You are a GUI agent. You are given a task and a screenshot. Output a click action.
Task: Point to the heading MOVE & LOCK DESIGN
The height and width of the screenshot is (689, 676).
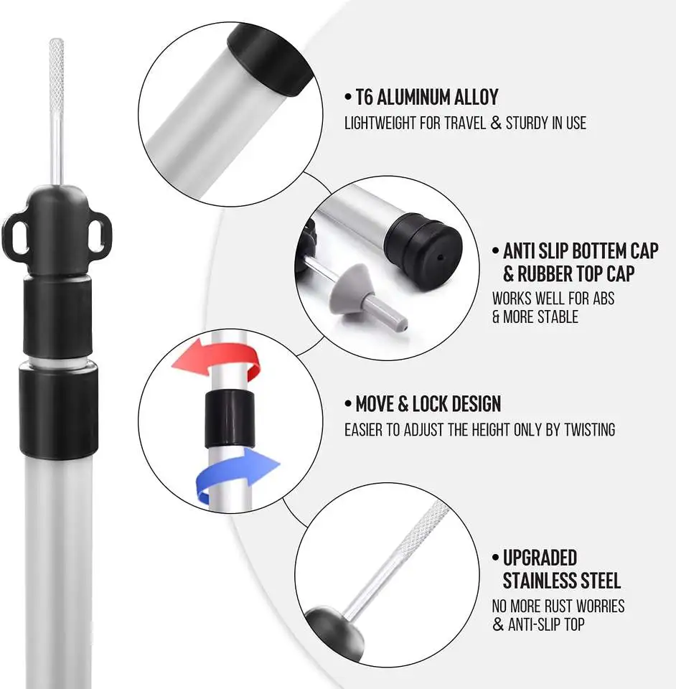click(428, 404)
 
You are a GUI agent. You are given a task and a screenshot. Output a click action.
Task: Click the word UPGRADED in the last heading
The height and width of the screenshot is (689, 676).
click(540, 558)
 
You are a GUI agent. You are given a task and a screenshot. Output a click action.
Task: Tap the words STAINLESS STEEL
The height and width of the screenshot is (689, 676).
click(561, 580)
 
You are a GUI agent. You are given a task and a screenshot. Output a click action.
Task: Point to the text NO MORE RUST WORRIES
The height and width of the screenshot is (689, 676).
click(558, 606)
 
